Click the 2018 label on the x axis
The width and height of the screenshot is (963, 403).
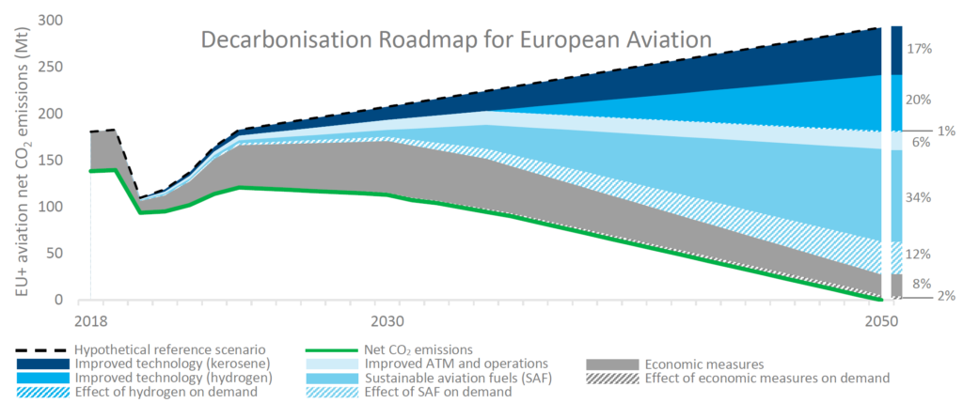[90, 320]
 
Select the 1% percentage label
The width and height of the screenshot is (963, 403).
[945, 132]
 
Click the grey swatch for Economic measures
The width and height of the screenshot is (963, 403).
[612, 364]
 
